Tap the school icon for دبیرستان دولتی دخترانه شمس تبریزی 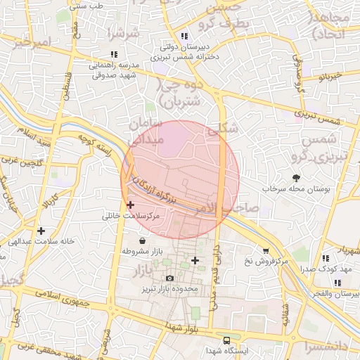pos(184,36)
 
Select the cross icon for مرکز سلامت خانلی pos(131,205)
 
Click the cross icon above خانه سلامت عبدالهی pos(41,230)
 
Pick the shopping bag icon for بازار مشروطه pos(143,240)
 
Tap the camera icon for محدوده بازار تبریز pos(169,278)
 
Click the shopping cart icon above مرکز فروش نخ pos(265,250)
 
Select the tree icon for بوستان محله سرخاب pos(295,178)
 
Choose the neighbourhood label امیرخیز pos(32,43)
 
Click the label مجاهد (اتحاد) pos(334,27)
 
